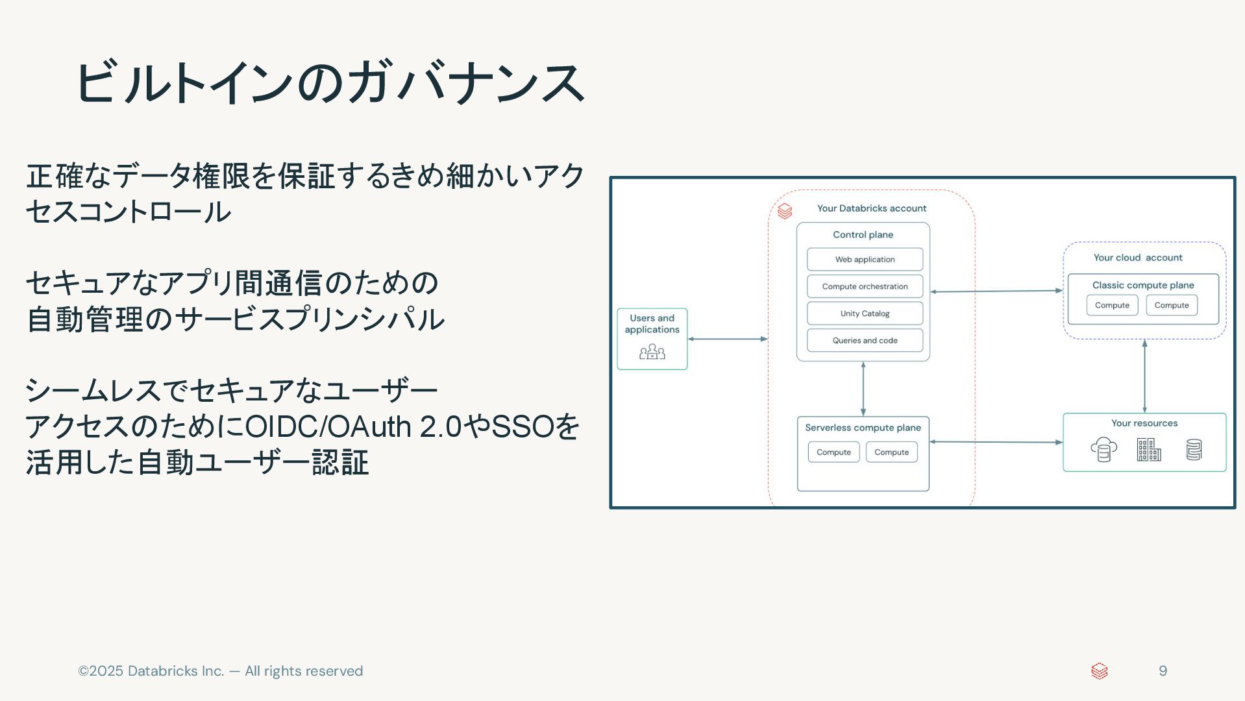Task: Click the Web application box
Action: tap(865, 259)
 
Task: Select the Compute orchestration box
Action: tap(865, 286)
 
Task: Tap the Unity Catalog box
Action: tap(865, 314)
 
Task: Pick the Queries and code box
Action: tap(865, 340)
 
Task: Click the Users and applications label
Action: tap(652, 324)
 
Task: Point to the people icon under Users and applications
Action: tap(652, 352)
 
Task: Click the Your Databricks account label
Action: tap(871, 208)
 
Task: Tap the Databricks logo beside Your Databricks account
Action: tap(785, 211)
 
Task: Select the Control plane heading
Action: tap(863, 235)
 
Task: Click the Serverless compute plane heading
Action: tap(863, 428)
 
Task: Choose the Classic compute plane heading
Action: tap(1142, 285)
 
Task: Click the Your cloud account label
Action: tap(1137, 258)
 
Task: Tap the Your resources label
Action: tap(1144, 423)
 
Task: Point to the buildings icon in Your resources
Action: tap(1148, 449)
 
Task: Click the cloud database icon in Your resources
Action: tap(1103, 449)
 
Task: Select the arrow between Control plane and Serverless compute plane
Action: tap(863, 389)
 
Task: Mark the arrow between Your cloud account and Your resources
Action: tap(1144, 376)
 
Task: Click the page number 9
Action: tap(1163, 671)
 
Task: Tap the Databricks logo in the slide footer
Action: tap(1099, 671)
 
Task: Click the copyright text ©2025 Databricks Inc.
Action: tap(220, 671)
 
